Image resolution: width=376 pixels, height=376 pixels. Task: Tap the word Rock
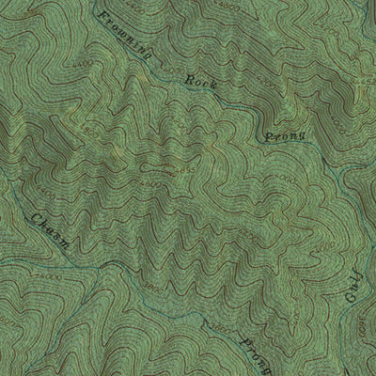click(202, 82)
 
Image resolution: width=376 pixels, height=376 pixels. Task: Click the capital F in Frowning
click(99, 13)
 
